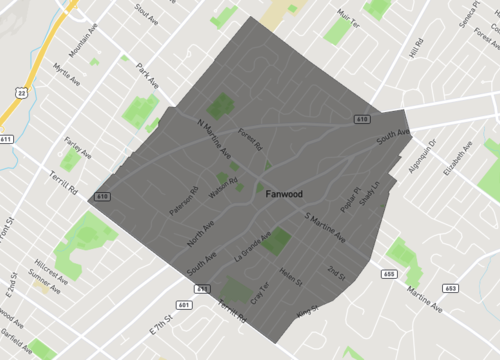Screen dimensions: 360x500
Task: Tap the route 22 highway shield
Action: coord(20,93)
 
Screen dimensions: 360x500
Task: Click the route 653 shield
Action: coord(450,287)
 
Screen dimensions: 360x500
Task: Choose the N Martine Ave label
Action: coord(212,139)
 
